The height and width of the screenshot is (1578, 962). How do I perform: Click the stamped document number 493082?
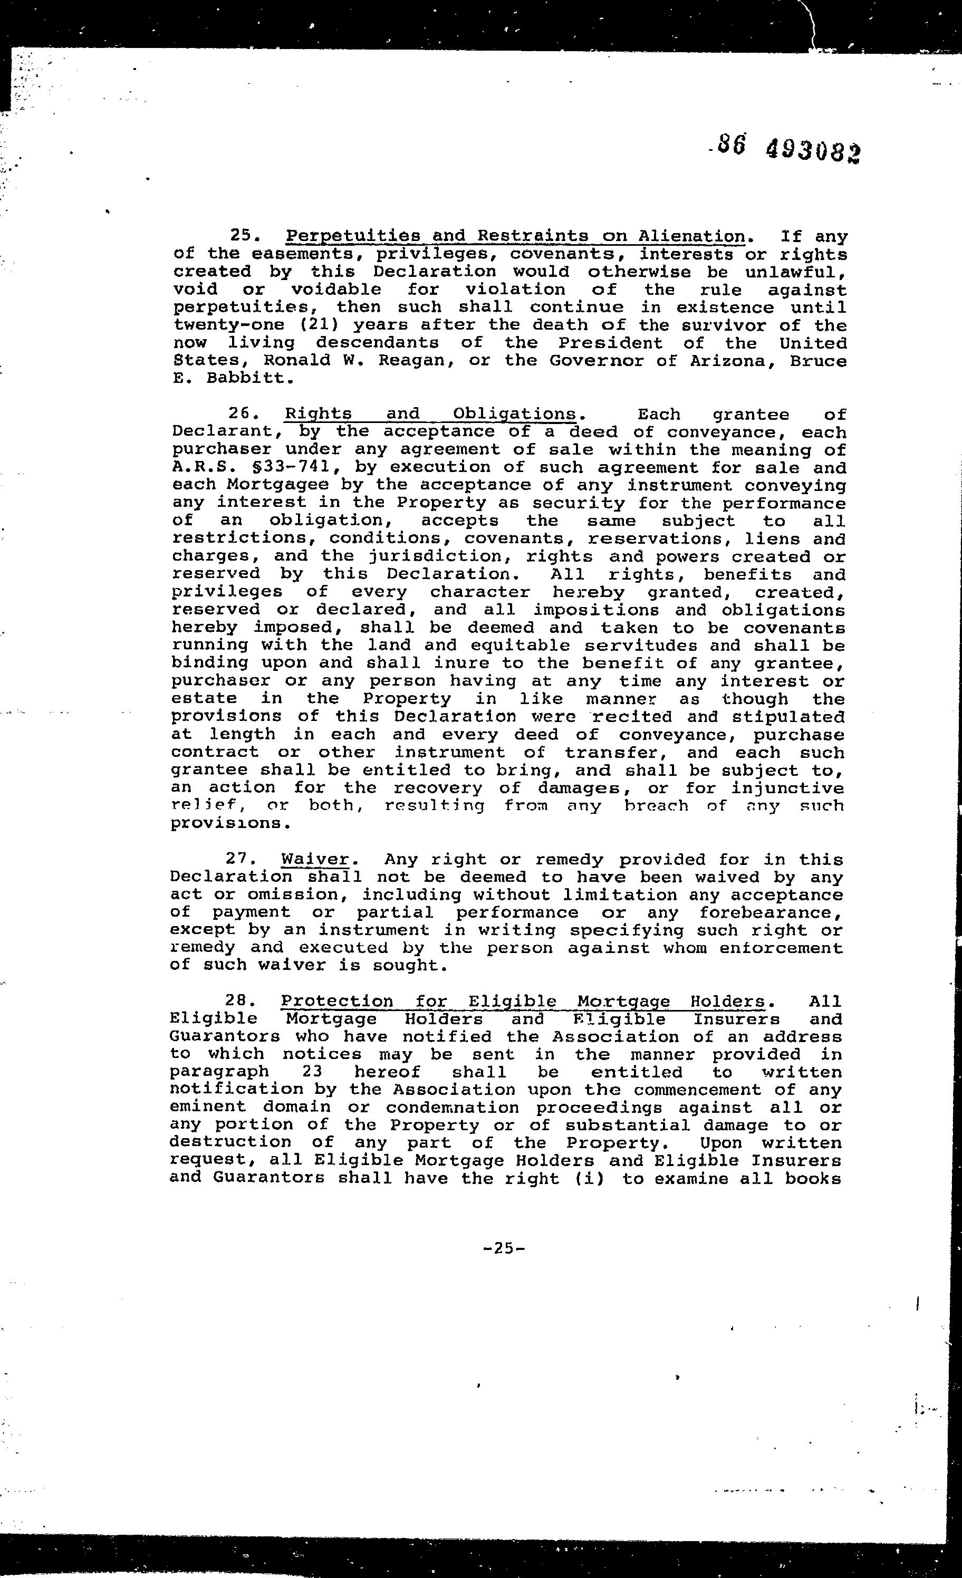click(x=813, y=152)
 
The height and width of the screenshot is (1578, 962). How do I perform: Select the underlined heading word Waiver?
click(x=315, y=860)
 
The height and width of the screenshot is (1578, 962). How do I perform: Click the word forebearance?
click(x=771, y=912)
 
